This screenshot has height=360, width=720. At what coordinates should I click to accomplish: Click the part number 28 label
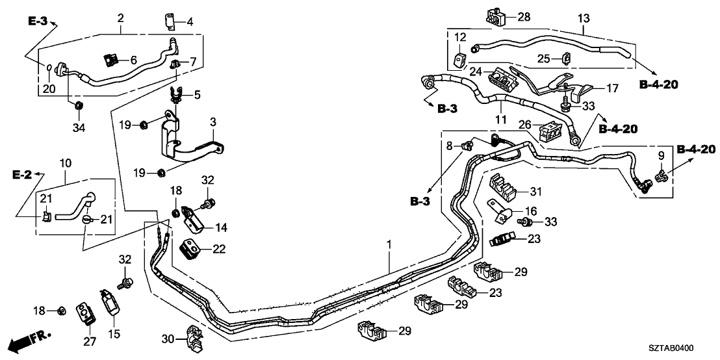pos(524,16)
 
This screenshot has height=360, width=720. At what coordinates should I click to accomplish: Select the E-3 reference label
pos(38,22)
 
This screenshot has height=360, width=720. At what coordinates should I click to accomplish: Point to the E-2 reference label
pos(22,175)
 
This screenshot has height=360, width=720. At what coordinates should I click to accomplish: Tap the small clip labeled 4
pos(170,21)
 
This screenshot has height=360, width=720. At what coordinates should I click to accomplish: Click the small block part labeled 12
pos(461,60)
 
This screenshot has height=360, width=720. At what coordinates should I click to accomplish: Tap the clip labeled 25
pos(564,59)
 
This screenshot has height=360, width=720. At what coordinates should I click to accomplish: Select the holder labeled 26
pos(550,132)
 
